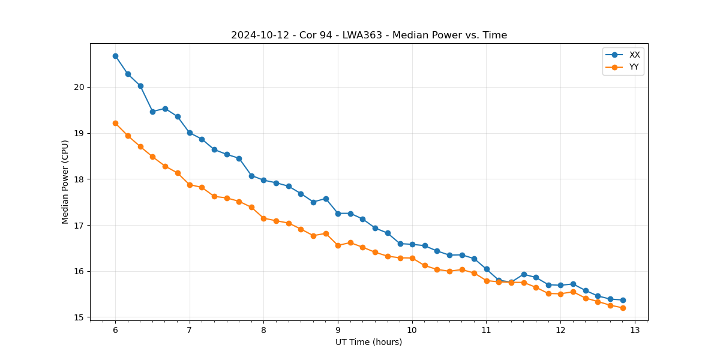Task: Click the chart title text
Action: tap(369, 35)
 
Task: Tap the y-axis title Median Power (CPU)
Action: tap(65, 182)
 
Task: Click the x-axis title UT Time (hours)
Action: tap(369, 342)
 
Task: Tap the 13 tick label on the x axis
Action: tap(635, 331)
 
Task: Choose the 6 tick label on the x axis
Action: tap(115, 331)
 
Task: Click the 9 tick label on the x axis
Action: tap(338, 331)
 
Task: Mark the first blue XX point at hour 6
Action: tap(115, 56)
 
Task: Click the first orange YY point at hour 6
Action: tap(115, 123)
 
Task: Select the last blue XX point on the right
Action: tap(623, 300)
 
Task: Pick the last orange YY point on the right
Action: tap(623, 308)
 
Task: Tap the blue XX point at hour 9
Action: tap(338, 214)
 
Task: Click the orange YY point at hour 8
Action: tap(263, 218)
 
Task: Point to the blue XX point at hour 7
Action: tap(190, 133)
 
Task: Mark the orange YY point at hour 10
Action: tap(412, 258)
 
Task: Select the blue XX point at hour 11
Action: tap(487, 269)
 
